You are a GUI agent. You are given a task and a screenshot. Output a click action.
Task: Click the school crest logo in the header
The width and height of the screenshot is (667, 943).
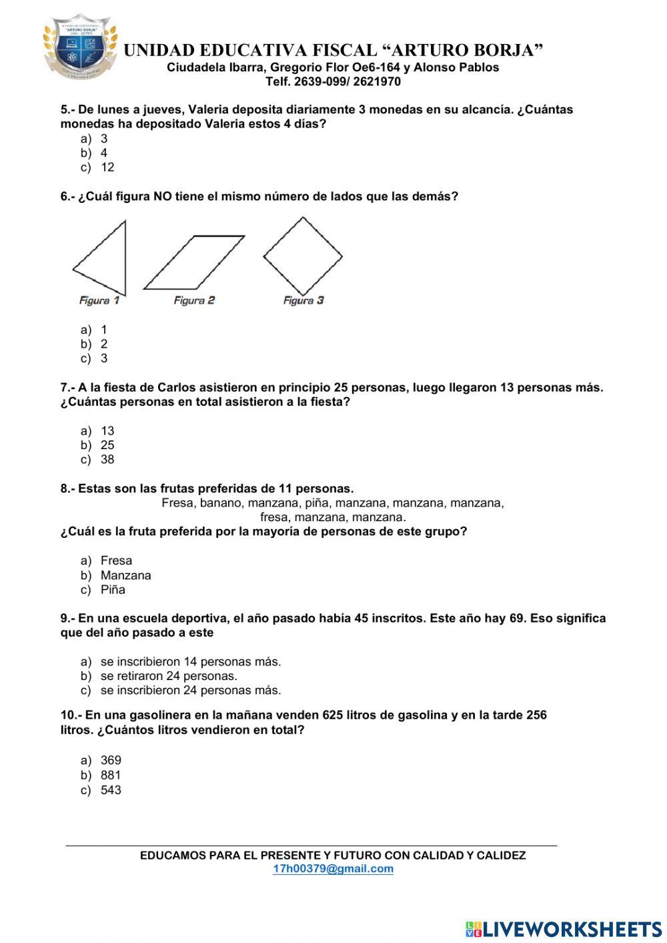(x=80, y=48)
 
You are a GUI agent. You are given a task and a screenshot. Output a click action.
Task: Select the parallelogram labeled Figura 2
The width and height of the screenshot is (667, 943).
(x=193, y=262)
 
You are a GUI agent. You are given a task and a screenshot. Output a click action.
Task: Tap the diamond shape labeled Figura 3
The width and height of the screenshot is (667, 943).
(x=303, y=256)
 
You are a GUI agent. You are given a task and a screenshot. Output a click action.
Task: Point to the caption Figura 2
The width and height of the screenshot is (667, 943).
(x=194, y=300)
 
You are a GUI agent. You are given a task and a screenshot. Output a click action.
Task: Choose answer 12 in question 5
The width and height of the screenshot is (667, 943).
(x=107, y=168)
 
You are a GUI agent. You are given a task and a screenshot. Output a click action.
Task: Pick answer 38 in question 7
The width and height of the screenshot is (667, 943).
(x=107, y=460)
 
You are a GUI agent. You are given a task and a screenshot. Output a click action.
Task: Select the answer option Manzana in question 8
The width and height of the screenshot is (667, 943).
(x=125, y=575)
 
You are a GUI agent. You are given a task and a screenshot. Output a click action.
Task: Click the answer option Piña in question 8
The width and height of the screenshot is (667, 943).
(x=113, y=590)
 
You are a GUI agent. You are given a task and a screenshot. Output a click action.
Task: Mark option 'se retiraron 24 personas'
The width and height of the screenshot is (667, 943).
(x=168, y=676)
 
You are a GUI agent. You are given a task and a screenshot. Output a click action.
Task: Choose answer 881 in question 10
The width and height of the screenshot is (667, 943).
(x=111, y=775)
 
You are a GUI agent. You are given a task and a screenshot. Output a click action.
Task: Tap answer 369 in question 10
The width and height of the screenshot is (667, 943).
(x=111, y=760)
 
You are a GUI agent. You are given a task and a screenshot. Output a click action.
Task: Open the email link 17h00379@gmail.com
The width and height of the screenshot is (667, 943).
(x=333, y=869)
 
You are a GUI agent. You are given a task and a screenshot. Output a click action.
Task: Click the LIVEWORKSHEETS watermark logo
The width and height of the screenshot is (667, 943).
(x=564, y=929)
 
